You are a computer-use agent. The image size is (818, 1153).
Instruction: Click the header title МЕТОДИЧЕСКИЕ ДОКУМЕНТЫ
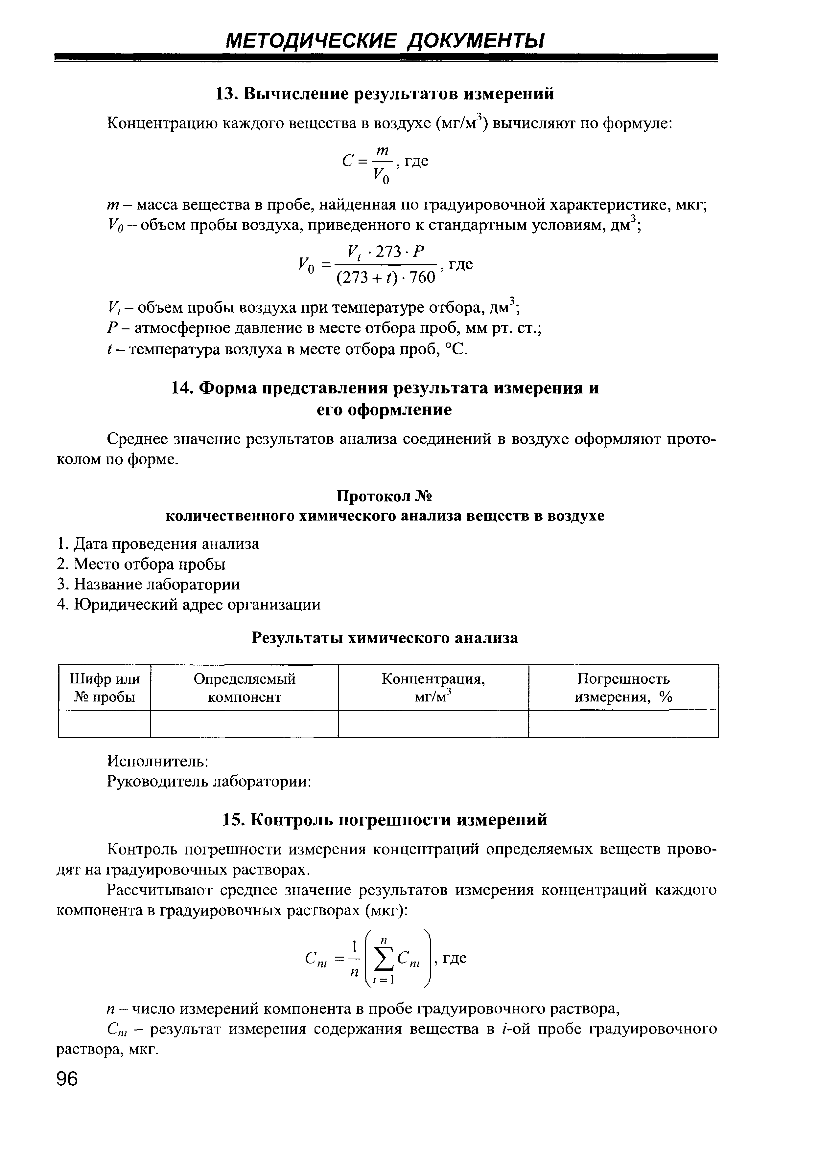point(385,41)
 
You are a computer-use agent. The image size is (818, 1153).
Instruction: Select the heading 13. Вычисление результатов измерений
point(385,94)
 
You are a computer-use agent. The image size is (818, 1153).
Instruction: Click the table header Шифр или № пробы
point(105,687)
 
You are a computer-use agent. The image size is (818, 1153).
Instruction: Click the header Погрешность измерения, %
point(623,687)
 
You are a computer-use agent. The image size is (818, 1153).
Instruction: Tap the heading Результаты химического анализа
point(385,638)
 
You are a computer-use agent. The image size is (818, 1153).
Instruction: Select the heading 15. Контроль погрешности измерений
point(385,820)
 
